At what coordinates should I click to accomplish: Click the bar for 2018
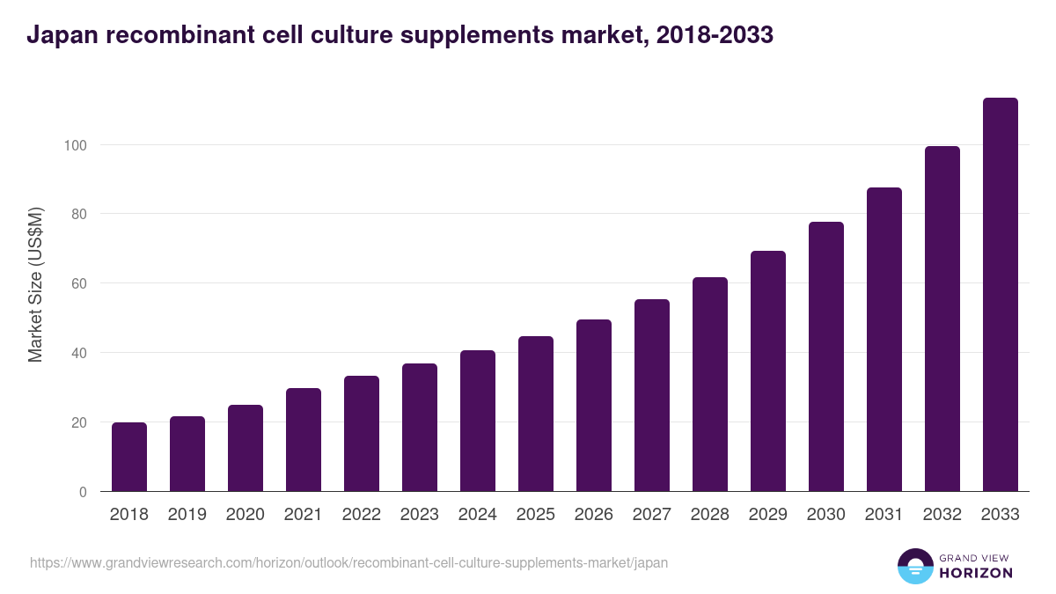click(x=129, y=457)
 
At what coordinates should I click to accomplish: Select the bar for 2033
click(x=1000, y=295)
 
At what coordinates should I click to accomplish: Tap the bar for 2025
click(x=536, y=414)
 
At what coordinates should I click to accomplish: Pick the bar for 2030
click(x=825, y=356)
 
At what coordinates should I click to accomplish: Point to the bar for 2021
click(x=304, y=440)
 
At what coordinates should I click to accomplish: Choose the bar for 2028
click(x=709, y=385)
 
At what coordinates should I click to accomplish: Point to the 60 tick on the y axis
click(x=78, y=283)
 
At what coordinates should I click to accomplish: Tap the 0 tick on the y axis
click(x=83, y=492)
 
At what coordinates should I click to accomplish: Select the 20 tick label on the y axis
click(x=78, y=422)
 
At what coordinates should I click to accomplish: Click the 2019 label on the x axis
click(x=187, y=515)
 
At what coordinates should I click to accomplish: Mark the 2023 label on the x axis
click(x=419, y=515)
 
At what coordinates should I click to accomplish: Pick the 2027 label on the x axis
click(x=651, y=515)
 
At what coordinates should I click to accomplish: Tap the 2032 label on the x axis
click(x=942, y=515)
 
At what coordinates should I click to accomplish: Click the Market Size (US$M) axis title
click(x=35, y=283)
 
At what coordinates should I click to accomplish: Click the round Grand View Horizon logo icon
click(x=915, y=566)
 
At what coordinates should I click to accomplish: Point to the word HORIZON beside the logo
click(x=976, y=573)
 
